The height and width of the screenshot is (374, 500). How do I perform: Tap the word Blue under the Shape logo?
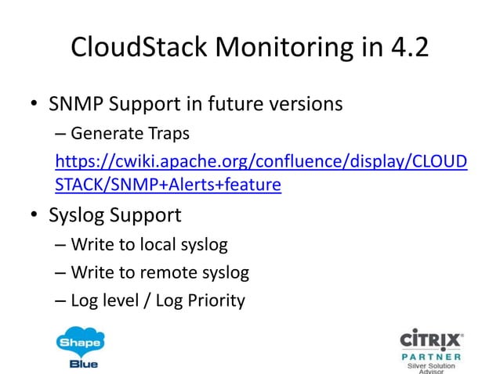(80, 364)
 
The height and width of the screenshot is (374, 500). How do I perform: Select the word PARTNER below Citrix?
(431, 357)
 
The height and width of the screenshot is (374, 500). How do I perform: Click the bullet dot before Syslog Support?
(35, 217)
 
